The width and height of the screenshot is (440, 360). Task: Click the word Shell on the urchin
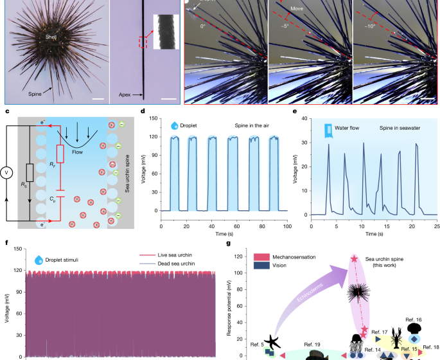[51, 37]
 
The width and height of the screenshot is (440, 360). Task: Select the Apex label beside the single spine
[125, 94]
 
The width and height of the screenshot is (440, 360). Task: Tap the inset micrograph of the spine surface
[163, 31]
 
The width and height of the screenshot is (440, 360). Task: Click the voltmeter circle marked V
[7, 172]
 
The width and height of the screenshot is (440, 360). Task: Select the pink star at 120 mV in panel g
[354, 259]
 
